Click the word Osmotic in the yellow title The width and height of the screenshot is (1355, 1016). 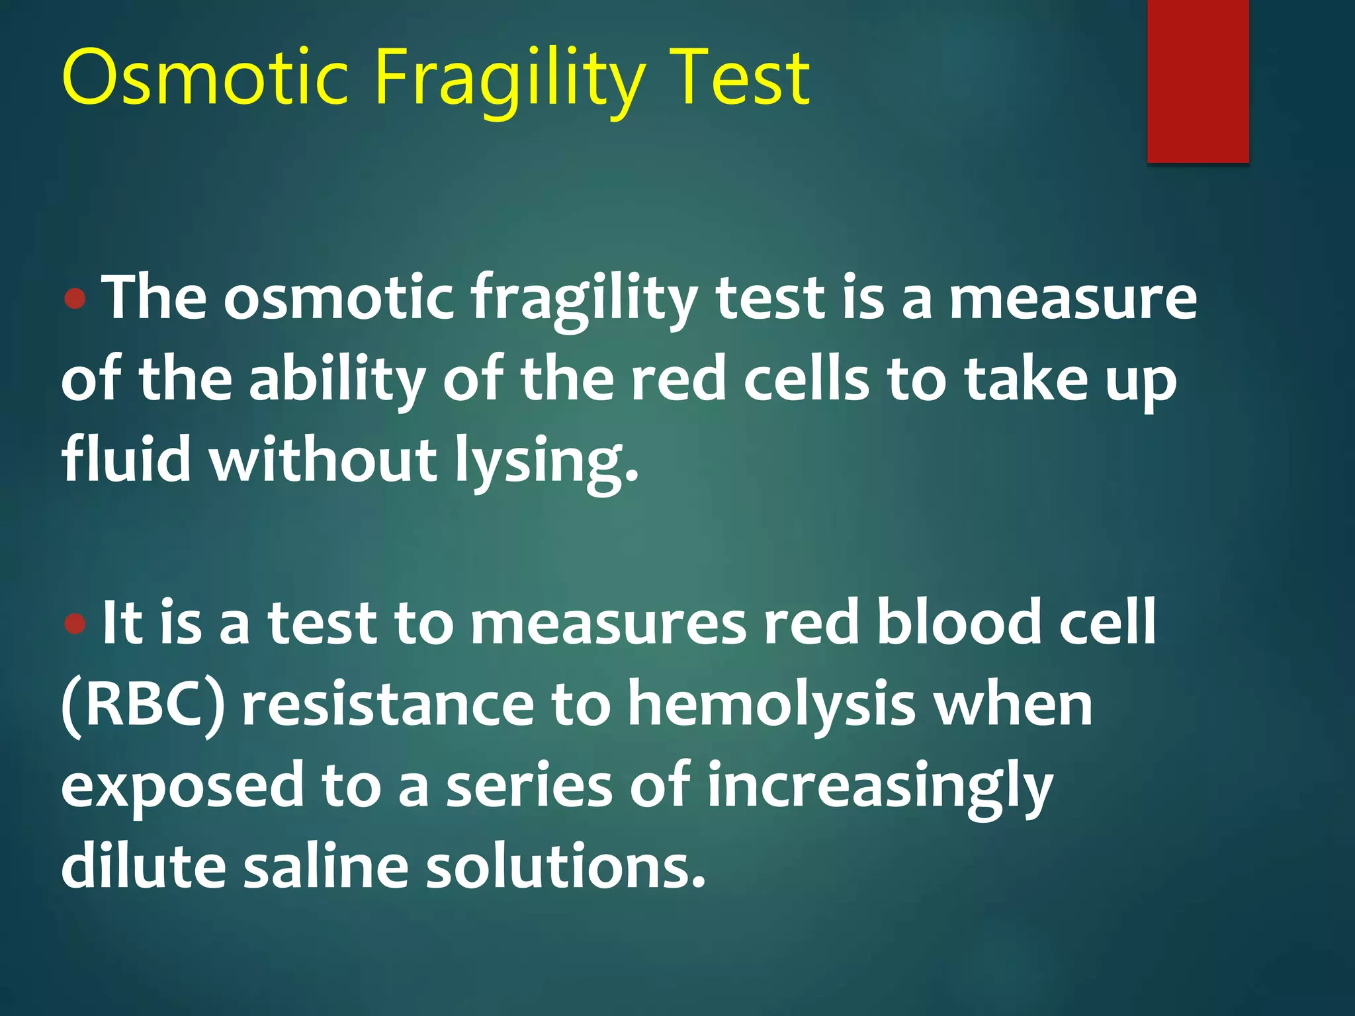pos(205,78)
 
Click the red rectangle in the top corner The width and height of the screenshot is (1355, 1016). pos(1198,81)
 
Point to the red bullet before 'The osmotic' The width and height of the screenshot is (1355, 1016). pos(77,299)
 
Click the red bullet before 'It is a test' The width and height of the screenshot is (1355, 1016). pos(77,623)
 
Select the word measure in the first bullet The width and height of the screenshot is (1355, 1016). pos(1072,299)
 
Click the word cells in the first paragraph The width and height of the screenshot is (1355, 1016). pos(807,380)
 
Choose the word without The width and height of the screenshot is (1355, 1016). pos(324,459)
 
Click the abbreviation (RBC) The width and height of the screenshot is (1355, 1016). pos(143,705)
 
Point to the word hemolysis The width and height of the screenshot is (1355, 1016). pos(771,705)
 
